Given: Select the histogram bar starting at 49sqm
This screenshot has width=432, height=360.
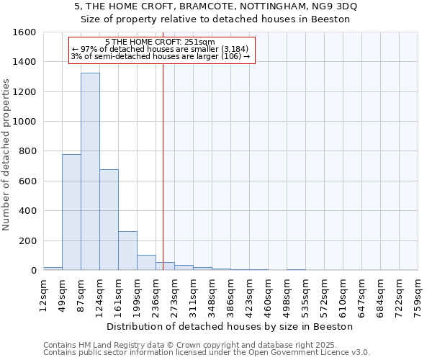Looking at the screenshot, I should tap(71, 212).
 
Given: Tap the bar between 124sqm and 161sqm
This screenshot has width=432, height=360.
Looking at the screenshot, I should tap(109, 220).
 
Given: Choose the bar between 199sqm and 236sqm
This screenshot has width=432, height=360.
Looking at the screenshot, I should tap(146, 263).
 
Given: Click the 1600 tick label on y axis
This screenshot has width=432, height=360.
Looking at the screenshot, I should tap(25, 32).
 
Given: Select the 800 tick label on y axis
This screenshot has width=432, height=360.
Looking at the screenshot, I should tap(28, 151).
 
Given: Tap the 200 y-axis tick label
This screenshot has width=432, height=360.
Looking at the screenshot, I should tap(28, 240).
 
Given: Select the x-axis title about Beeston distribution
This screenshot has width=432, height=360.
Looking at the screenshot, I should tap(230, 326).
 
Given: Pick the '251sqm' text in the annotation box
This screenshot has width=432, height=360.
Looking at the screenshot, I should tap(199, 42).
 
